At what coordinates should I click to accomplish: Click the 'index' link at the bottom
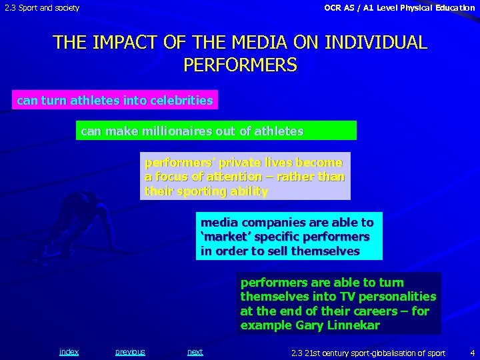[x=69, y=352]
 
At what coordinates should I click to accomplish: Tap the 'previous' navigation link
[x=130, y=352]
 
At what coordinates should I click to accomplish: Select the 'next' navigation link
[x=195, y=352]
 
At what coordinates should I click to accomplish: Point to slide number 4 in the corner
[x=472, y=352]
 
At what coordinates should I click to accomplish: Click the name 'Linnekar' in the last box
[x=353, y=325]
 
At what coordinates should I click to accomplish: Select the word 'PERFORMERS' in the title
[x=240, y=65]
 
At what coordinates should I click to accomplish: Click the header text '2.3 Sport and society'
[x=42, y=8]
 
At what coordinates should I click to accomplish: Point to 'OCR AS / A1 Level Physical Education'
[x=399, y=8]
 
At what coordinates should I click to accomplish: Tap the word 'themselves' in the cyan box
[x=326, y=251]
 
